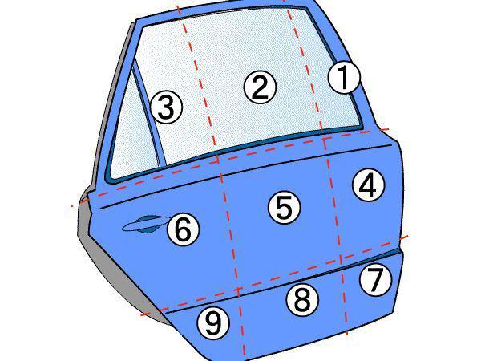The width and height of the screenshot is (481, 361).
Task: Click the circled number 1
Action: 344,77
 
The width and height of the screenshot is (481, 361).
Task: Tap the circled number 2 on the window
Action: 260,87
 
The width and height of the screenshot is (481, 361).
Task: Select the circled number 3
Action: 167,107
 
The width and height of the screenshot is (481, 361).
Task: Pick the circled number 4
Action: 368,185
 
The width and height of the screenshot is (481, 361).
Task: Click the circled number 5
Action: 284,208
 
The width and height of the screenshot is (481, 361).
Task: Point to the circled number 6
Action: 183,229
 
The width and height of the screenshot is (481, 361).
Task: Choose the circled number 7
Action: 375,280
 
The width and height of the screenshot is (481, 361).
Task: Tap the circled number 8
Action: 302,300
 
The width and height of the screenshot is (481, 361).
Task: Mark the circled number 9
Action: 213,323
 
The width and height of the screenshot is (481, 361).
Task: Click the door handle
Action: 144,224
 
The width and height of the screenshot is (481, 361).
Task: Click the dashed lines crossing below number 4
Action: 340,258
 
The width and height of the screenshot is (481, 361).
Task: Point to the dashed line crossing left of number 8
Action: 238,290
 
